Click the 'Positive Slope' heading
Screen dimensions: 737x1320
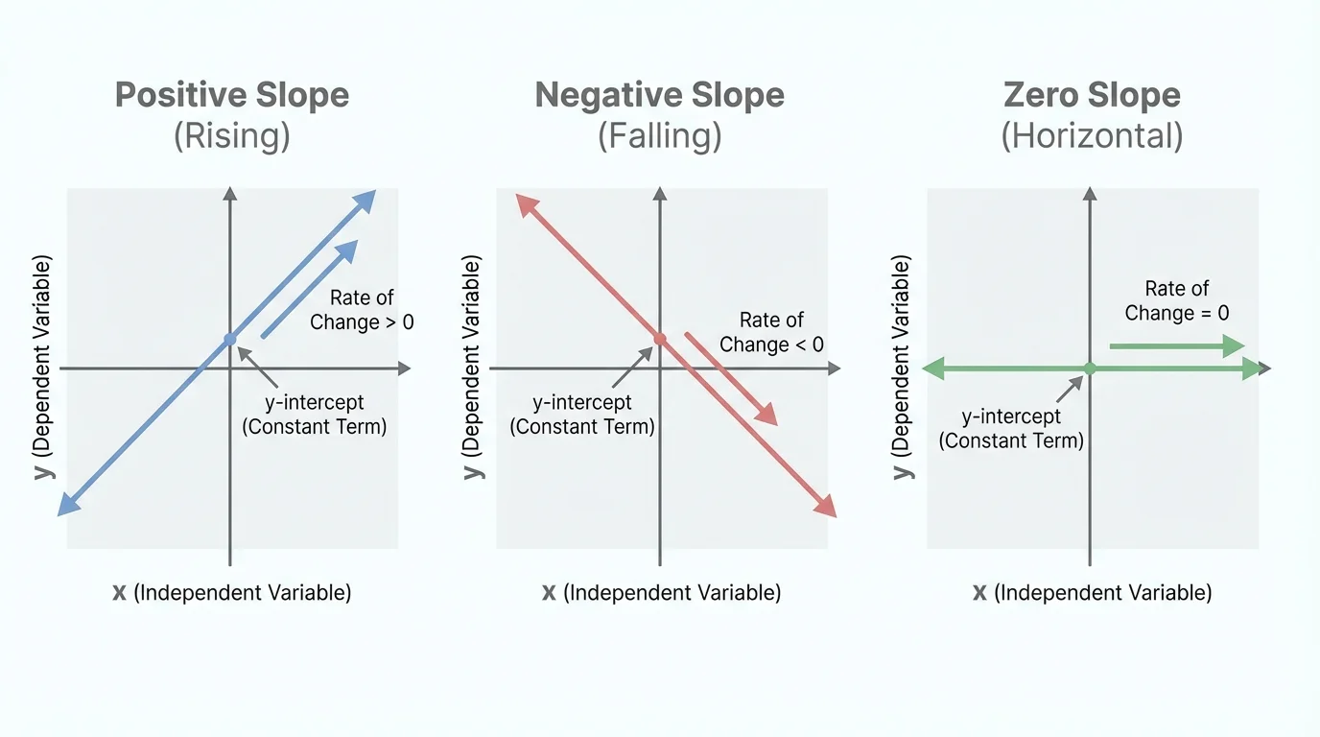(232, 96)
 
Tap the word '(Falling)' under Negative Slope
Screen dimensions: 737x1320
(659, 136)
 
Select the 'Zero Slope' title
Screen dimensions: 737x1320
(1092, 96)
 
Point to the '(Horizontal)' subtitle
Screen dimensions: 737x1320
(1092, 136)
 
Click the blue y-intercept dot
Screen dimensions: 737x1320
(229, 340)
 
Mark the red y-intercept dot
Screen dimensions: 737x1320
(659, 339)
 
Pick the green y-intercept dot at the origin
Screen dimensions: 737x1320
(1090, 368)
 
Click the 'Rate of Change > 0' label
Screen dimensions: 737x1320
(362, 310)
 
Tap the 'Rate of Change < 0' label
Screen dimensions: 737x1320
(771, 332)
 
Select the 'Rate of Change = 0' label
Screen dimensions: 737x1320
(1176, 300)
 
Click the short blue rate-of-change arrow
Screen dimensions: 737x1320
(309, 289)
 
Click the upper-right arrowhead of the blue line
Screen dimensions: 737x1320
(365, 199)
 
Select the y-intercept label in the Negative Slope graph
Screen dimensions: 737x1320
(581, 415)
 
